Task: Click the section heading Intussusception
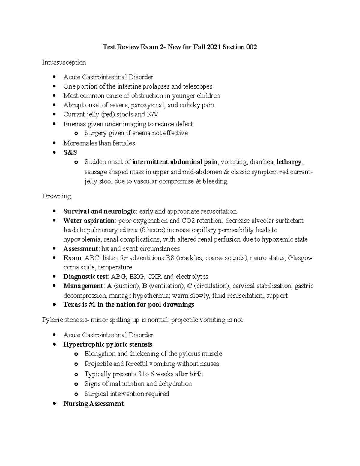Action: point(64,62)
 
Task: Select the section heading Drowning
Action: point(56,196)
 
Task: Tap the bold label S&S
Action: point(70,152)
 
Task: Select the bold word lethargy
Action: point(289,162)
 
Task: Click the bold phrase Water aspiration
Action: point(89,221)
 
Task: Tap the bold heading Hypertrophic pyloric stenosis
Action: point(108,344)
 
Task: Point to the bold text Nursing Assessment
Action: point(93,404)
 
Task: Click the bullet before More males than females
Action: point(54,143)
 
